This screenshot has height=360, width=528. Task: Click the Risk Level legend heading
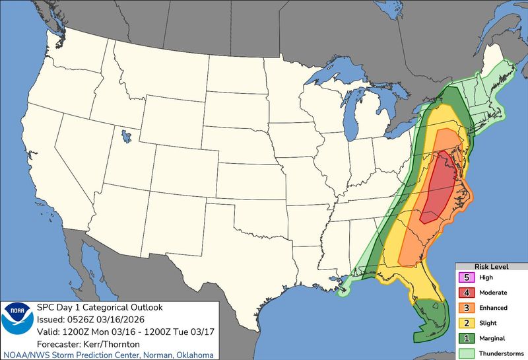coord(490,267)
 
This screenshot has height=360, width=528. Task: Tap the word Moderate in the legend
coord(494,293)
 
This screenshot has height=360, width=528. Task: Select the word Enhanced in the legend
coord(494,308)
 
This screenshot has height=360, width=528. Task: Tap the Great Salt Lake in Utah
coord(124,138)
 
